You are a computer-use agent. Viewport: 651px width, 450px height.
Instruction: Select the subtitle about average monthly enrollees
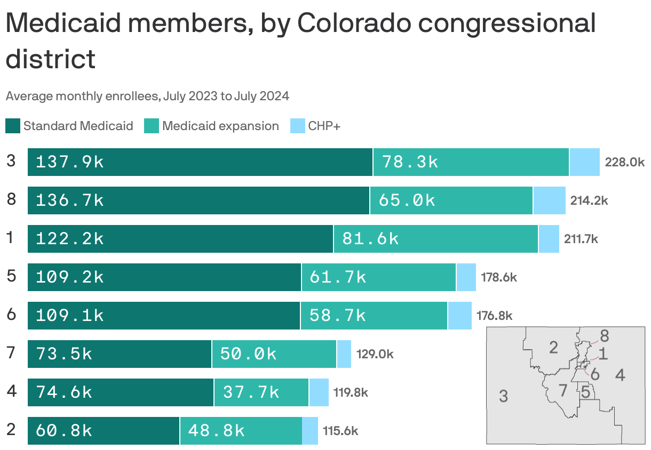147,97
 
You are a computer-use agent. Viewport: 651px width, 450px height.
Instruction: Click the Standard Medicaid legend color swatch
13,126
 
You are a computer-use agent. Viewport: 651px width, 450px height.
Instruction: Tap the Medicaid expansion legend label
220,126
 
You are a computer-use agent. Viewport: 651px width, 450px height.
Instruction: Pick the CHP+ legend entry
323,126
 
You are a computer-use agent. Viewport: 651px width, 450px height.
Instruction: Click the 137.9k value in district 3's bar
70,162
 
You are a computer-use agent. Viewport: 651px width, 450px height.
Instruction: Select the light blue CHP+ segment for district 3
584,162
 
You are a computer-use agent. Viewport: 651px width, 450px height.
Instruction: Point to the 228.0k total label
624,162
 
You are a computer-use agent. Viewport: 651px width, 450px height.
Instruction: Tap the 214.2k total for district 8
589,200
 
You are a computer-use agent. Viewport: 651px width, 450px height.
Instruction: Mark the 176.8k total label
494,316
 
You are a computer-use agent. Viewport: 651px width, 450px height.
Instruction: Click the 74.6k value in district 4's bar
64,392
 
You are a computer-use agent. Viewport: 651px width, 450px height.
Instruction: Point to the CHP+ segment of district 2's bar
310,431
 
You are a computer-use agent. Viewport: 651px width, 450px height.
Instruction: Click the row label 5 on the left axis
11,276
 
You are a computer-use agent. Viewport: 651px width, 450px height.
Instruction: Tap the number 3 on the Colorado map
503,396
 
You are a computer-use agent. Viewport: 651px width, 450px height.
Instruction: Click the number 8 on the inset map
604,336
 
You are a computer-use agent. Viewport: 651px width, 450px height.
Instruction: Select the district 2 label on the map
553,348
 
